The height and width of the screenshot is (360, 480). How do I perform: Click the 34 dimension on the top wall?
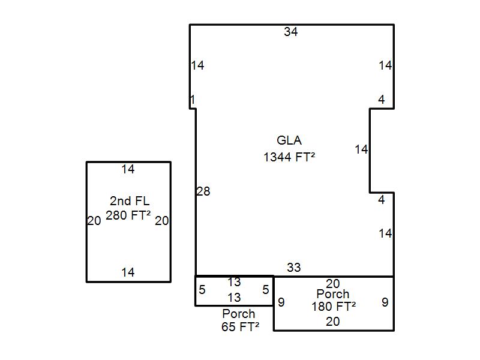[x=290, y=32]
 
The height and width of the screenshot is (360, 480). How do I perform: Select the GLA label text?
[x=289, y=140]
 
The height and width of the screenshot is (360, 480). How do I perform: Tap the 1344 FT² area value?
[x=289, y=157]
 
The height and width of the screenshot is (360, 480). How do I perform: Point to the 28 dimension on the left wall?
[x=203, y=191]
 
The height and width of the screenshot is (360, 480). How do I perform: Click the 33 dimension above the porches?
[x=294, y=268]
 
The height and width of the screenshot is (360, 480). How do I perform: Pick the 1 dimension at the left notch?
[x=192, y=100]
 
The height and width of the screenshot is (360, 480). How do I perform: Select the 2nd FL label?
[x=130, y=201]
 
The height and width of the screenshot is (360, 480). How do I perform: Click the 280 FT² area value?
[x=128, y=215]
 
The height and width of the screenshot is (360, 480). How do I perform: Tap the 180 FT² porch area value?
[x=334, y=306]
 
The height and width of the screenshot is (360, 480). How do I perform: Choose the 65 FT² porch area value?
[x=241, y=326]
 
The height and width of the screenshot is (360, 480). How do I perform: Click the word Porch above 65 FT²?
[x=238, y=313]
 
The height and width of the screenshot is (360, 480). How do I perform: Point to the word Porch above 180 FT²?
[x=333, y=294]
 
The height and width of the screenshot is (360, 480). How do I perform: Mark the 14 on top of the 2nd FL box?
[x=128, y=169]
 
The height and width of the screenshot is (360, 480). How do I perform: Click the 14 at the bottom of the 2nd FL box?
[x=128, y=272]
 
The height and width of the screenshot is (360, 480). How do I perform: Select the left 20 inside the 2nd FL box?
[x=94, y=220]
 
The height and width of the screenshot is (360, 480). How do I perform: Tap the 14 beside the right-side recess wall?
[x=361, y=149]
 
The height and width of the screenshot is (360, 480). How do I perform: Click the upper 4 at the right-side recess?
[x=381, y=100]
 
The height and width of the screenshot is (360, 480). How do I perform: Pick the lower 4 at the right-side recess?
[x=381, y=200]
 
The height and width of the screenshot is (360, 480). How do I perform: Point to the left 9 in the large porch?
[x=281, y=302]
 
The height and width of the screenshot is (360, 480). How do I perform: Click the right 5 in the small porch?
[x=266, y=289]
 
